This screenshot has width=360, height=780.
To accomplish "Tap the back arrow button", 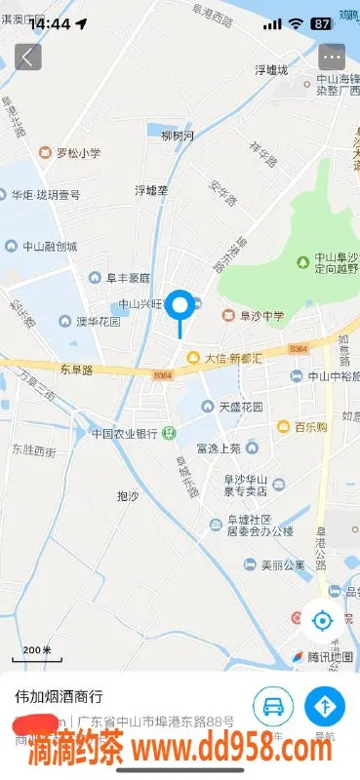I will click(27, 57).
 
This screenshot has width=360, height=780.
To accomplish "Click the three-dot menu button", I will click(333, 57).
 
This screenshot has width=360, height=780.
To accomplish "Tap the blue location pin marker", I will click(180, 307).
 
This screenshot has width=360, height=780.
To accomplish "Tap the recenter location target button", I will click(322, 619).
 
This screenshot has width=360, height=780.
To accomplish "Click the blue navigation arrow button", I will click(324, 705).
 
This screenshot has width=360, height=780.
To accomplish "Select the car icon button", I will click(273, 705).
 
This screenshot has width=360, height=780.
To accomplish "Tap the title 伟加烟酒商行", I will click(60, 698).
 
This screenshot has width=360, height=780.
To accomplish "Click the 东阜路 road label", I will click(75, 370).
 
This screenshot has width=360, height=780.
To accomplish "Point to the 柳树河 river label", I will click(178, 136).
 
